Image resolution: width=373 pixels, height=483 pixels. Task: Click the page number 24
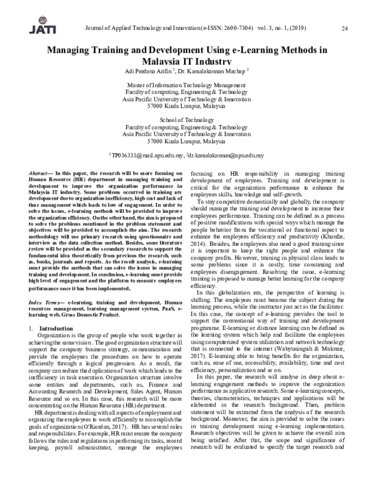coord(345,28)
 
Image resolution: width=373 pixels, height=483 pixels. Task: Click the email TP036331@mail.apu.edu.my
coord(147,154)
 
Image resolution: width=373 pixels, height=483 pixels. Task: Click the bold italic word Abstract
coord(41,171)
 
